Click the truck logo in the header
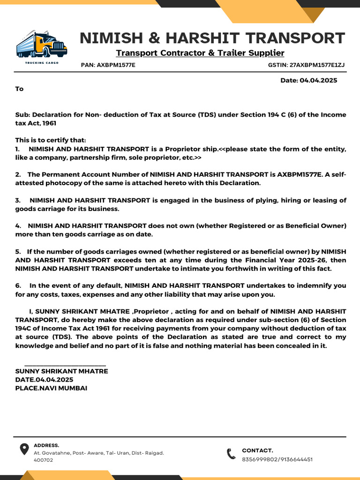pyautogui.click(x=41, y=45)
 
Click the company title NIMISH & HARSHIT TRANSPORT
pyautogui.click(x=212, y=38)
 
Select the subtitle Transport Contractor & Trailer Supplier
pyautogui.click(x=200, y=53)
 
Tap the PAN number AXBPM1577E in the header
pyautogui.click(x=116, y=65)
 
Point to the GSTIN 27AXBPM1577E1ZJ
pyautogui.click(x=317, y=65)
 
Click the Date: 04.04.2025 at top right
pyautogui.click(x=308, y=81)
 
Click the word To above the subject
pyautogui.click(x=19, y=89)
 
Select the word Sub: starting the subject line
pyautogui.click(x=22, y=115)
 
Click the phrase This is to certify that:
pyautogui.click(x=51, y=140)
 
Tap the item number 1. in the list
pyautogui.click(x=18, y=149)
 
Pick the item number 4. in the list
pyautogui.click(x=18, y=226)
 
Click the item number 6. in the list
pyautogui.click(x=18, y=285)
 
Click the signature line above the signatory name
pyautogui.click(x=65, y=365)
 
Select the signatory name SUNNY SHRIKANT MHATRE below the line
pyautogui.click(x=61, y=371)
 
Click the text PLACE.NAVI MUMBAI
pyautogui.click(x=51, y=388)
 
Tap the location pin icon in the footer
pyautogui.click(x=23, y=450)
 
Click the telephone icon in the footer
pyautogui.click(x=231, y=454)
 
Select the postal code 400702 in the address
pyautogui.click(x=43, y=460)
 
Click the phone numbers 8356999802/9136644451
pyautogui.click(x=277, y=459)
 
